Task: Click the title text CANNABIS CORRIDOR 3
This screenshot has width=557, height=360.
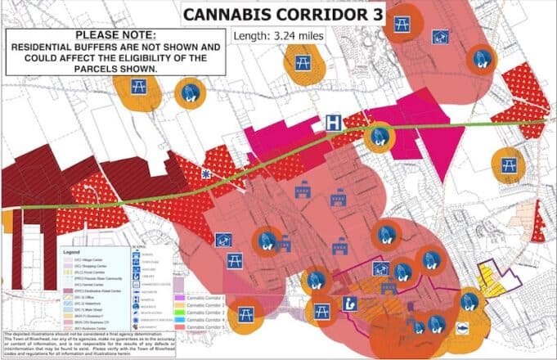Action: click(272, 14)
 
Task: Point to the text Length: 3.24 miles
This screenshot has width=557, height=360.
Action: click(279, 36)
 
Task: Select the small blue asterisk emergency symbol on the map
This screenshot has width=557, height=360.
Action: click(205, 174)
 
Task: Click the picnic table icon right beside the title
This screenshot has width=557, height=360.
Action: click(401, 25)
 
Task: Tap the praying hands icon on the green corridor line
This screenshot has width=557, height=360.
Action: click(378, 137)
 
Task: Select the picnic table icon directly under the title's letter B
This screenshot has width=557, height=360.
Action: click(300, 62)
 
